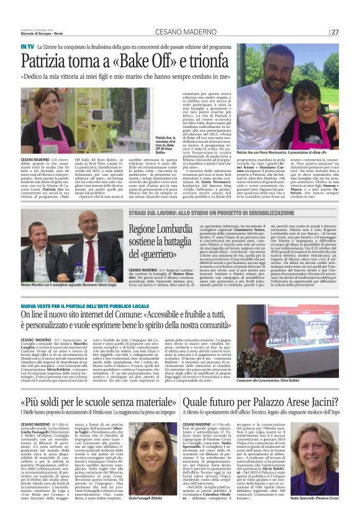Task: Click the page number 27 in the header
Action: point(335,32)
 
